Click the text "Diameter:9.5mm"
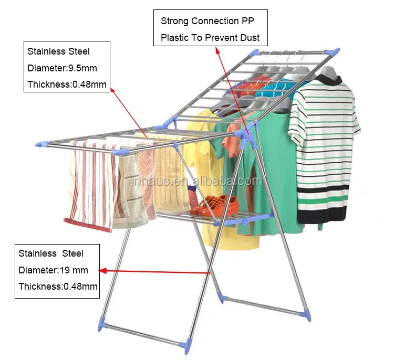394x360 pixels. [62, 68]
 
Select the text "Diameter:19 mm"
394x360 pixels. [53, 270]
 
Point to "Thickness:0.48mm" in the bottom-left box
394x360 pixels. [58, 287]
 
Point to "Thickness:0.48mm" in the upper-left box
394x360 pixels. [67, 84]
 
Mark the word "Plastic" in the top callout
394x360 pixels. [175, 38]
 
